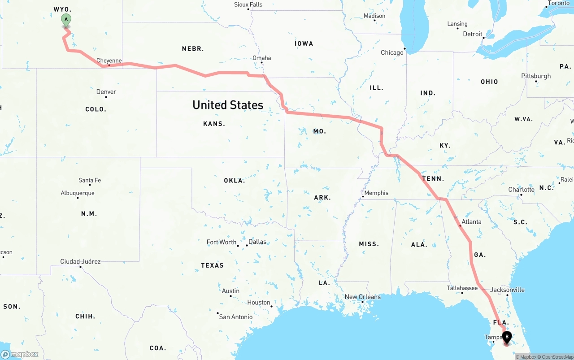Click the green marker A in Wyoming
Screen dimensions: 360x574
pyautogui.click(x=66, y=20)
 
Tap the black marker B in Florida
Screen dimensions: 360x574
pyautogui.click(x=507, y=337)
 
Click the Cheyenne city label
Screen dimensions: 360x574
pyautogui.click(x=109, y=61)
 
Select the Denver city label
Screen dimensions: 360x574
pyautogui.click(x=106, y=92)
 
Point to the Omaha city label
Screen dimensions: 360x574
pyautogui.click(x=262, y=58)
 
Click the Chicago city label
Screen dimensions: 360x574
pyautogui.click(x=392, y=52)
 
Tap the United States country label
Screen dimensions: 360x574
pyautogui.click(x=228, y=105)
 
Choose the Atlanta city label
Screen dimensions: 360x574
pyautogui.click(x=471, y=221)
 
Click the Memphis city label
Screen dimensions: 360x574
pyautogui.click(x=376, y=193)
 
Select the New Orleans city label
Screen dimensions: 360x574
pyautogui.click(x=362, y=297)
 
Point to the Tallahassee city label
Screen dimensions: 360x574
pyautogui.click(x=462, y=288)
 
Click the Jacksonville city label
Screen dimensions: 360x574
pyautogui.click(x=507, y=290)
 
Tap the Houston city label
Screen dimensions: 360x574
pyautogui.click(x=259, y=302)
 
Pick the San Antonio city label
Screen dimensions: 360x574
pyautogui.click(x=236, y=317)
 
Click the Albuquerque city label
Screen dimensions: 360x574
pyautogui.click(x=78, y=193)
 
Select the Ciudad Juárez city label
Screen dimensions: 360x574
pyautogui.click(x=80, y=261)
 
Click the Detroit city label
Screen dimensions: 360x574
pyautogui.click(x=473, y=34)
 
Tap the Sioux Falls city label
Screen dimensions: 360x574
pyautogui.click(x=248, y=4)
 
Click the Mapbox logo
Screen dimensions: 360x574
pyautogui.click(x=20, y=354)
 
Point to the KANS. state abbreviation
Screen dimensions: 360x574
pyautogui.click(x=214, y=124)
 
